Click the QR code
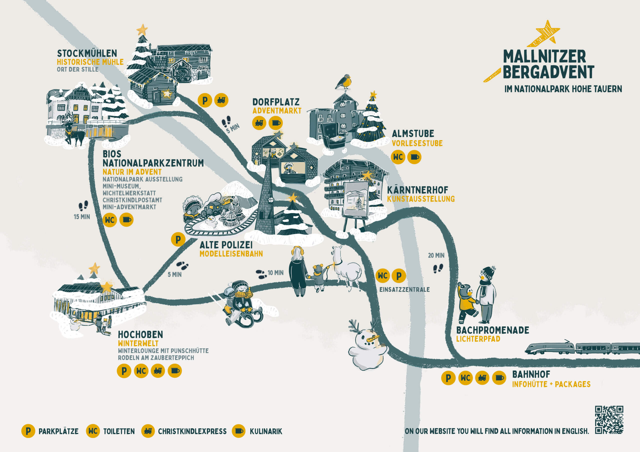pos(609,420)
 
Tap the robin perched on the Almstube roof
pos(344,82)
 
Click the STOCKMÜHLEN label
pos(87,53)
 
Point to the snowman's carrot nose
pos(373,339)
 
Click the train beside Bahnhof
pos(582,348)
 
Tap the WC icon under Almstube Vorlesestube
pos(398,157)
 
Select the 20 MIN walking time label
pos(436,255)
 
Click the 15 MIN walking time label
pos(82,217)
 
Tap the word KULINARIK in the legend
pos(266,431)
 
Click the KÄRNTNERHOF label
pos(417,190)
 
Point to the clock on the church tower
pos(270,200)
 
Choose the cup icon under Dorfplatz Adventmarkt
pos(276,123)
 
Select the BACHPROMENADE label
pos(492,330)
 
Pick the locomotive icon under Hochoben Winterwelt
pos(158,371)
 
